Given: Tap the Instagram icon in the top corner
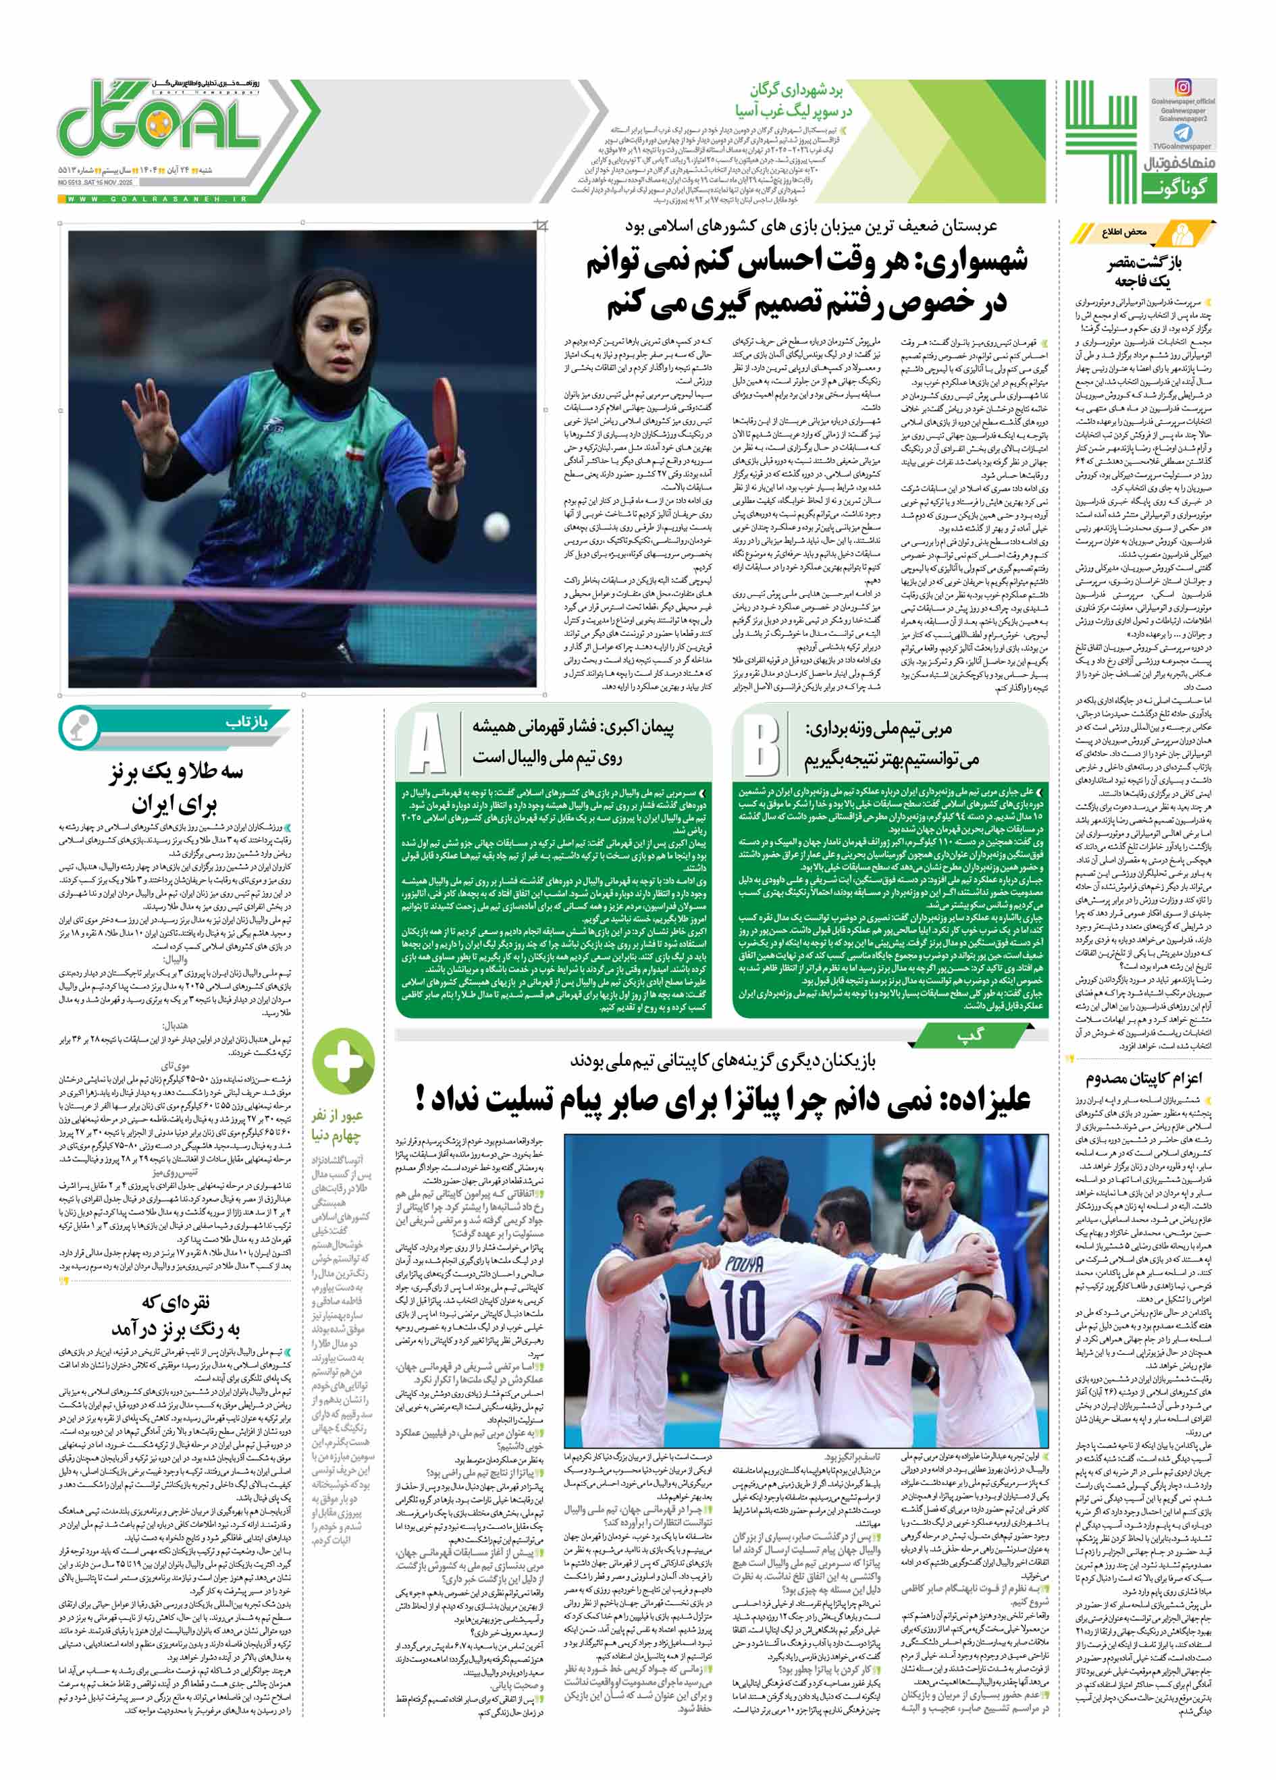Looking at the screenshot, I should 1183,87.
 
